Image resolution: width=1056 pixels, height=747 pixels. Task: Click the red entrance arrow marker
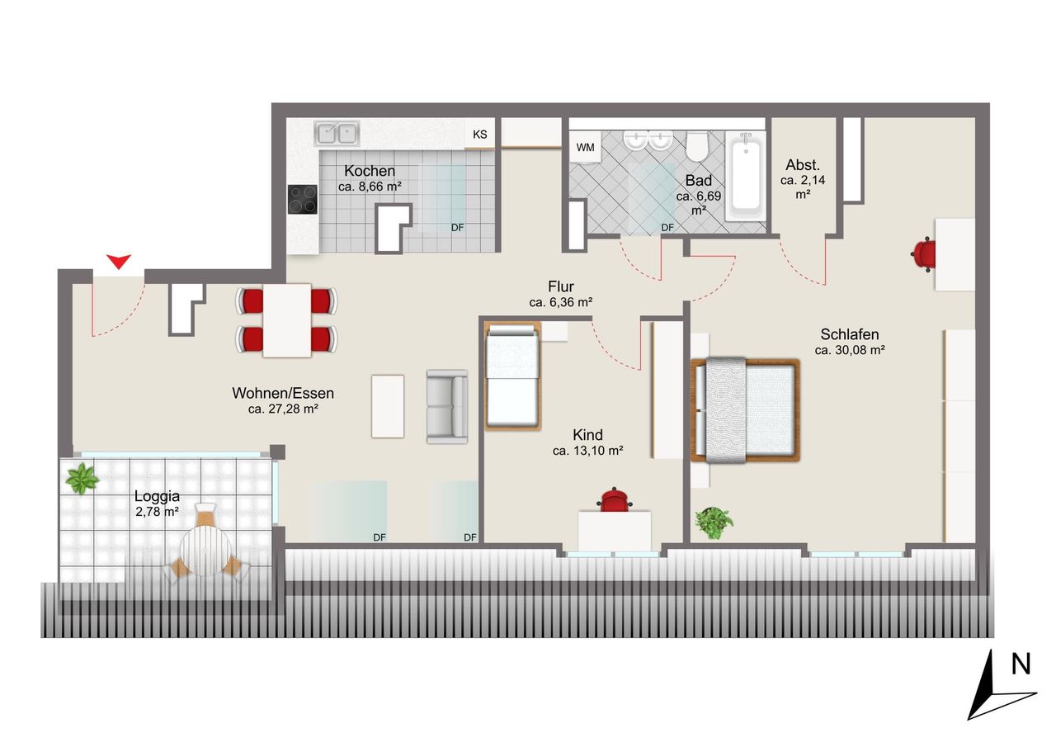[118, 262]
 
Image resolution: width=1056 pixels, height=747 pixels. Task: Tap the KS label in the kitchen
[480, 135]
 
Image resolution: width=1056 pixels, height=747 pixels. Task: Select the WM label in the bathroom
[585, 148]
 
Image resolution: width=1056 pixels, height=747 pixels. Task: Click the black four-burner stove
[303, 200]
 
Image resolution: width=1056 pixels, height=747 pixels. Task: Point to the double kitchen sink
[337, 133]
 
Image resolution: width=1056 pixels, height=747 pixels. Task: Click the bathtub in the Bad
[745, 176]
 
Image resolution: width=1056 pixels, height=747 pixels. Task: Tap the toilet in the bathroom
[697, 146]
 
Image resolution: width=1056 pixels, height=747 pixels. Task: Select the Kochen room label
[370, 171]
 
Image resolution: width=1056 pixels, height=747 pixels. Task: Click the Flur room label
[561, 286]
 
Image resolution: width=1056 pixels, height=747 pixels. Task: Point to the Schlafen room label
[850, 334]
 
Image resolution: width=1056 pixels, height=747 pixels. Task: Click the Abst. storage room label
[803, 165]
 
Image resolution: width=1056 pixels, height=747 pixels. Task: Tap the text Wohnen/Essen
[283, 393]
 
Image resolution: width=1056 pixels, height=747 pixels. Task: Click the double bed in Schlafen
[745, 409]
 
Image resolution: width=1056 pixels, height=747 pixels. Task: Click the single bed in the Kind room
[512, 376]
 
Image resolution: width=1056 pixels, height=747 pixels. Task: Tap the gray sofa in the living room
[447, 406]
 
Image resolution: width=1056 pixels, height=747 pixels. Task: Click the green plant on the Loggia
[82, 478]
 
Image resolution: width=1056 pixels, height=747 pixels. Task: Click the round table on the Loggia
[205, 551]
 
